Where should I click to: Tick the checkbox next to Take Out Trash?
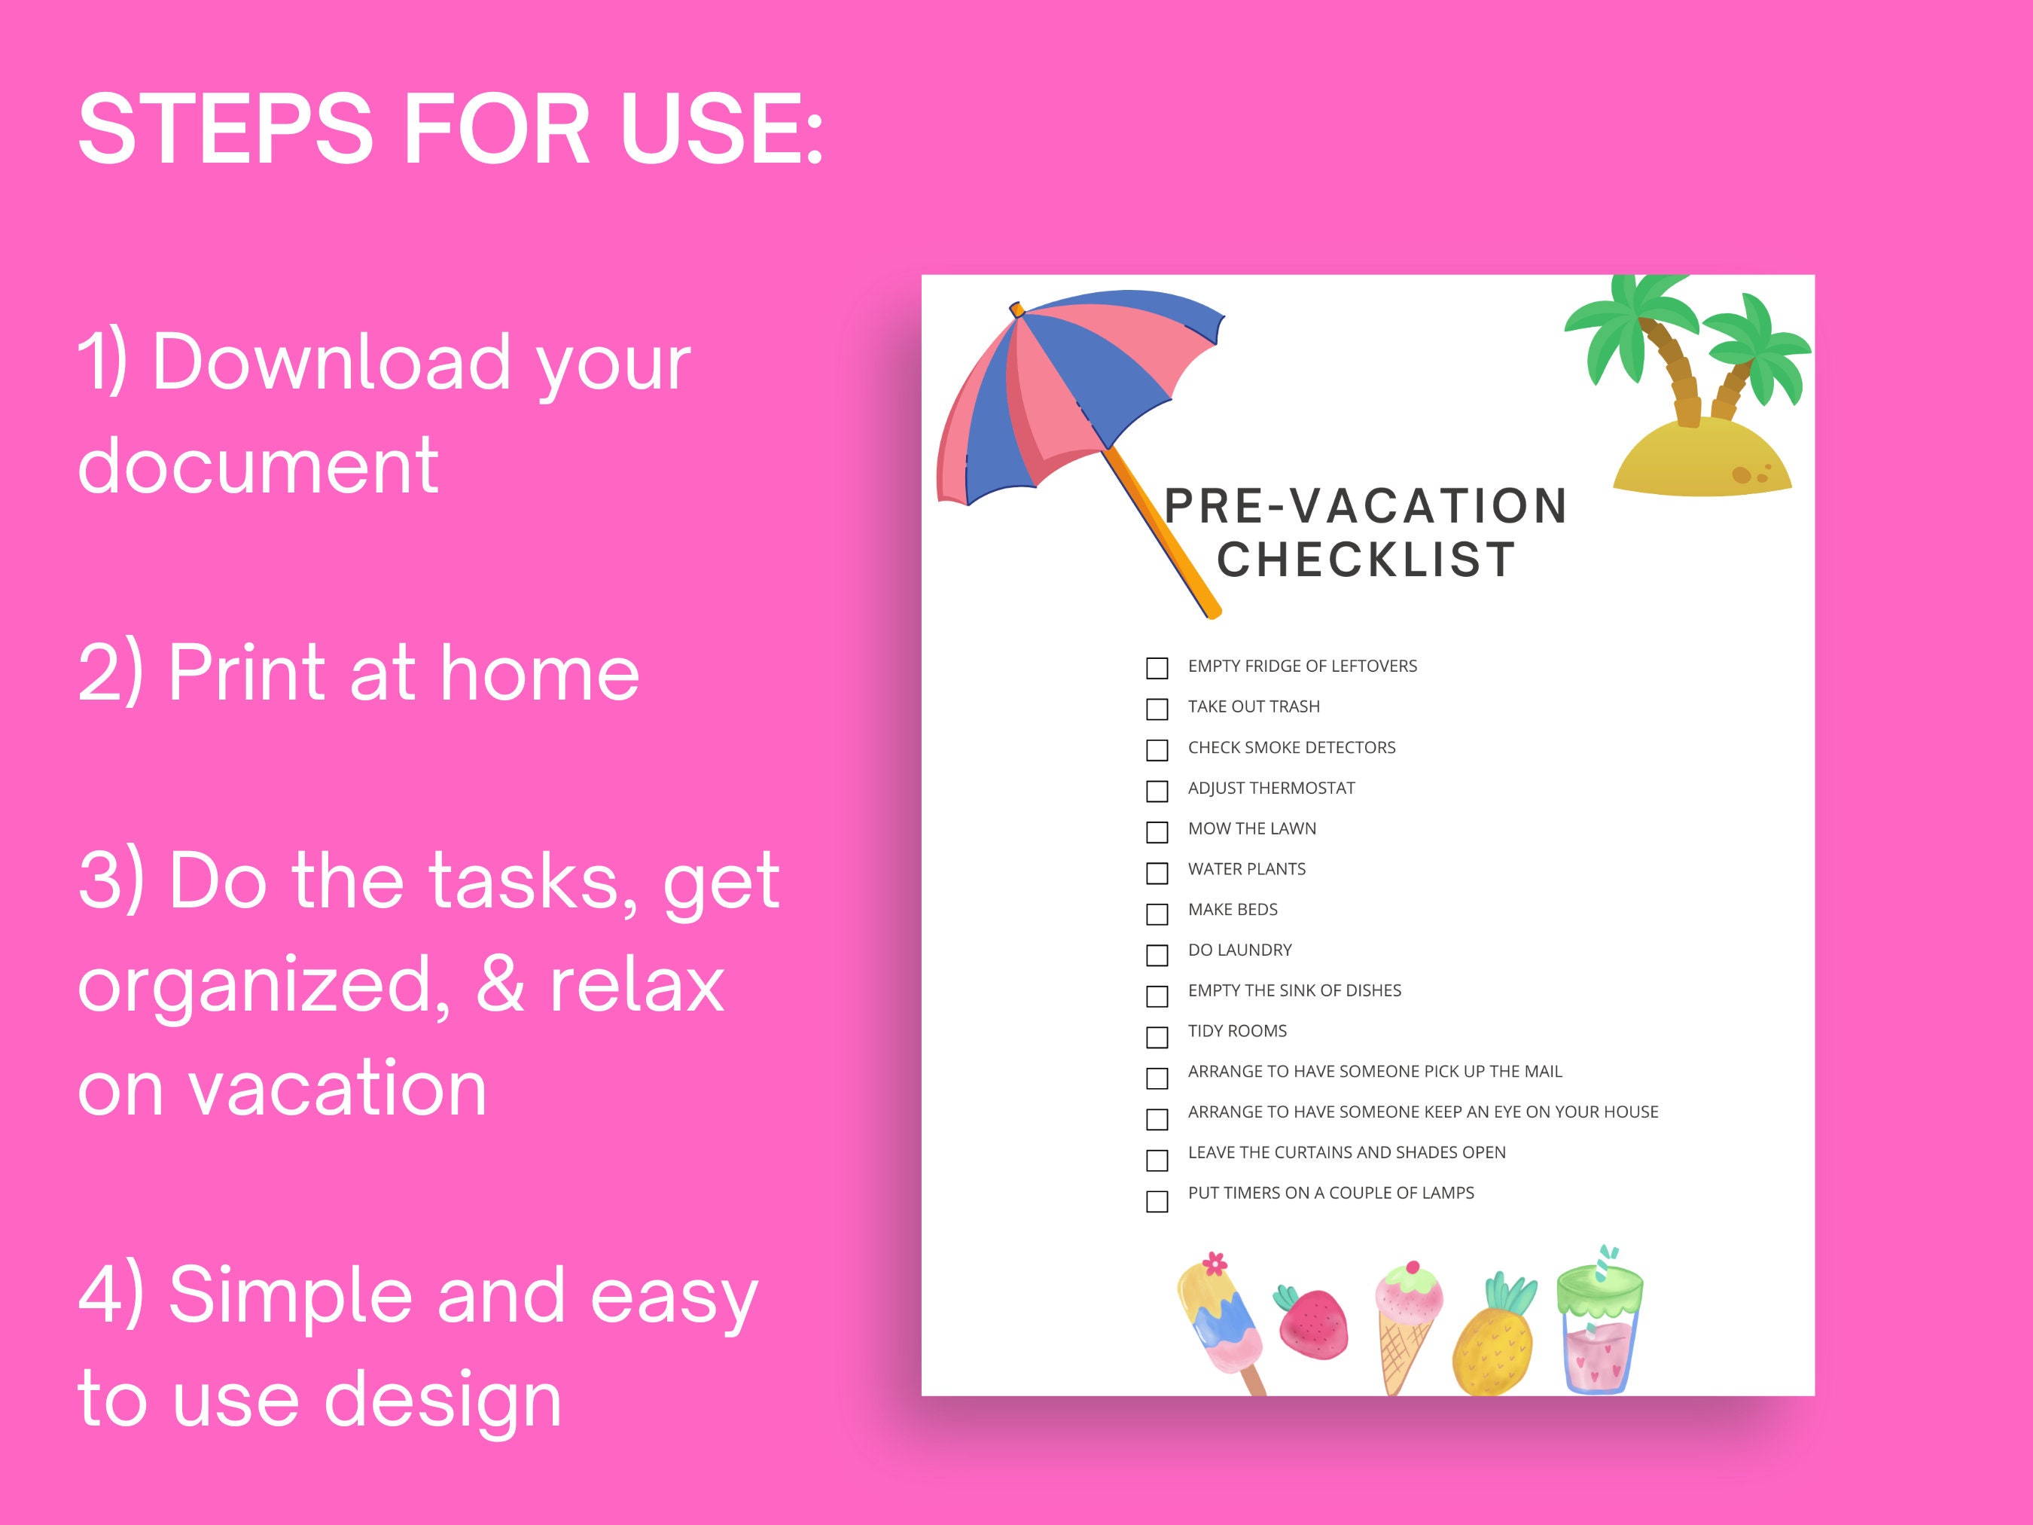1157,709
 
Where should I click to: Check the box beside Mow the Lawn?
1157,832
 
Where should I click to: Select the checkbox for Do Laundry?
1157,955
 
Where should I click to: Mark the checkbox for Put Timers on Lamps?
1157,1201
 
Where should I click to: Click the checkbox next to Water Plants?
1157,872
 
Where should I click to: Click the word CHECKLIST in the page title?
1366,560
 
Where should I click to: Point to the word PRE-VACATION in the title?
1366,505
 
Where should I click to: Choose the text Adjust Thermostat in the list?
1271,788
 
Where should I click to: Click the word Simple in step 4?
291,1296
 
